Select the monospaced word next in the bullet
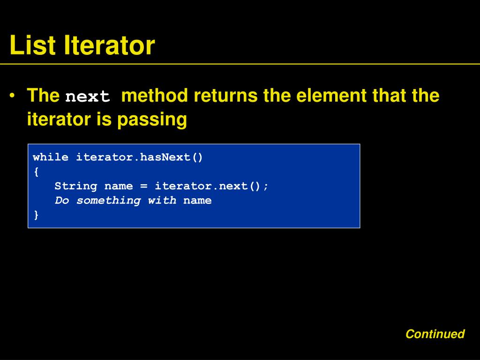click(x=88, y=97)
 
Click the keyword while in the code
click(x=51, y=157)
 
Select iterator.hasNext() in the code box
click(x=140, y=157)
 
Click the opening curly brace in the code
click(x=36, y=172)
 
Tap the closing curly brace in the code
click(x=36, y=215)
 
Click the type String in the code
click(x=76, y=186)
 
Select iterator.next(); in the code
click(x=212, y=186)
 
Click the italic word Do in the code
click(x=62, y=201)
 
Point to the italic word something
click(x=108, y=201)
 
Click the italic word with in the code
click(x=162, y=201)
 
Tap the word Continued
click(x=435, y=334)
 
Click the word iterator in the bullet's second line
click(x=59, y=120)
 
